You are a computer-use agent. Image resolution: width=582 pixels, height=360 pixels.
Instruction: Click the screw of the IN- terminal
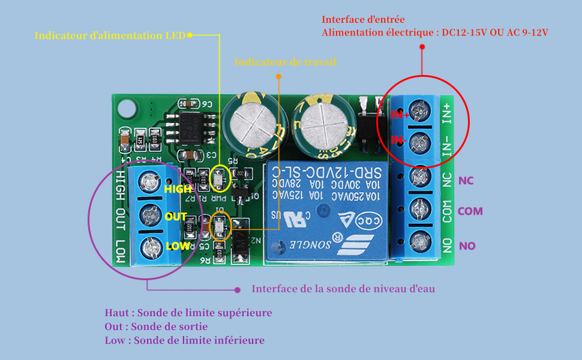422,143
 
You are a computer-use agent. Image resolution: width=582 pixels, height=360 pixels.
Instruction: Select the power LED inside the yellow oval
220,177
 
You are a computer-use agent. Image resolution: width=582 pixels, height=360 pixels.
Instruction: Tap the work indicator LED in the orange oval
220,228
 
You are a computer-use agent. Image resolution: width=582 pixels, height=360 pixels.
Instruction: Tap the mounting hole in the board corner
127,109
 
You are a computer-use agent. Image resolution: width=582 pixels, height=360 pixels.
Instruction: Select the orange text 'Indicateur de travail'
286,62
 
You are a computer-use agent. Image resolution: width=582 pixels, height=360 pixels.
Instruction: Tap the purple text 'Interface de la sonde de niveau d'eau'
343,289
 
